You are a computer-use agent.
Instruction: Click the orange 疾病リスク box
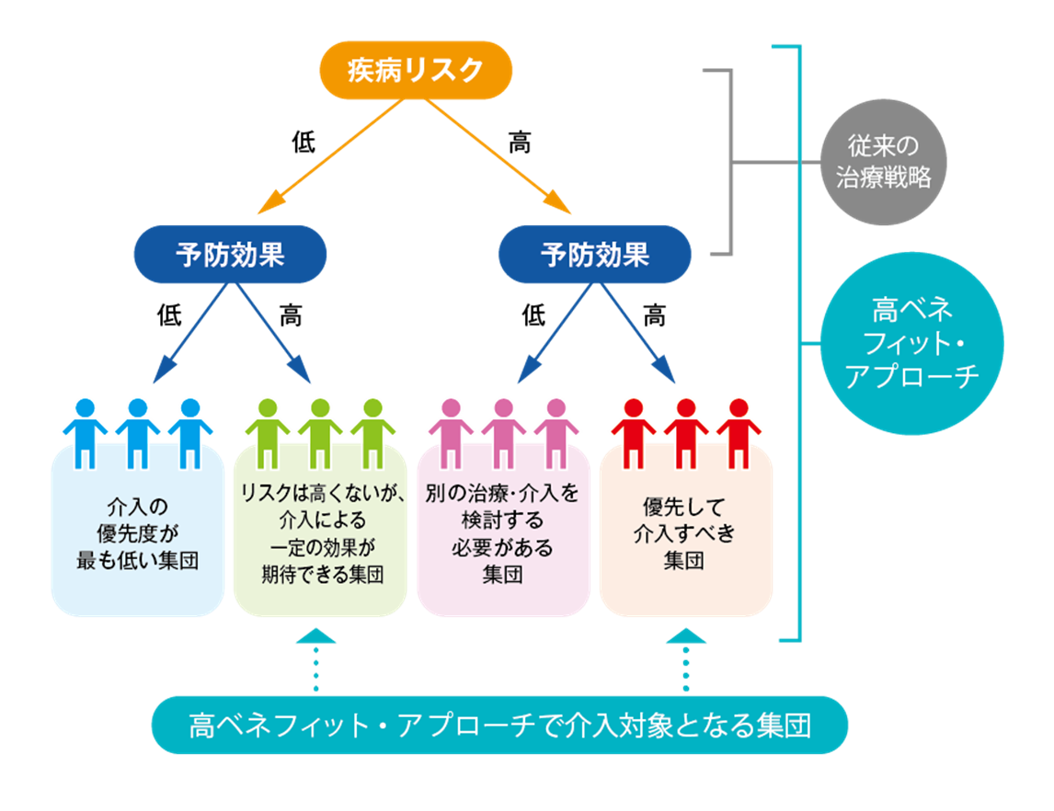(x=415, y=70)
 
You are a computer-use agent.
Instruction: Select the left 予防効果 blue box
(x=230, y=254)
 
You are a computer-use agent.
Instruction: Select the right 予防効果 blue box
(x=594, y=254)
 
